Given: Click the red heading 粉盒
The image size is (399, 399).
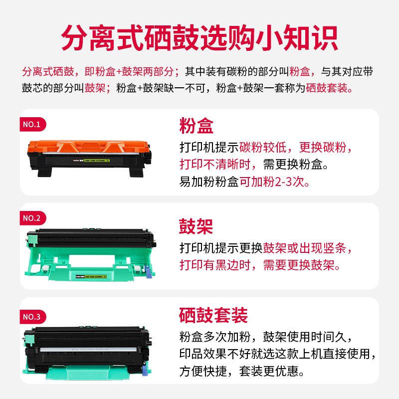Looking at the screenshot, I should [197, 126].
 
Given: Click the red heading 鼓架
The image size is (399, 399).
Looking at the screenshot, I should [197, 226].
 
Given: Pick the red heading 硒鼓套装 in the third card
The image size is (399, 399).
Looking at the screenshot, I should [213, 315].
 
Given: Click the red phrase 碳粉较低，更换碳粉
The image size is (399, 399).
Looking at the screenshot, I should [295, 148].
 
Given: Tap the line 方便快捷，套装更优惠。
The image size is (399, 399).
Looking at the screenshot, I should [247, 372].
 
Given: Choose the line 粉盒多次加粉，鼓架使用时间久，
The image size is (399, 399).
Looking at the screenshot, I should [266, 336].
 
